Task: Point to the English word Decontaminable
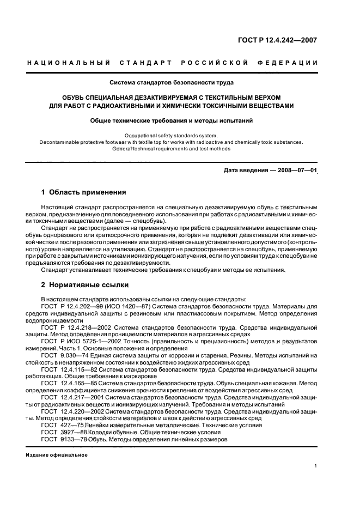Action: tap(62, 142)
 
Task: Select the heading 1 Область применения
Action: tap(84, 192)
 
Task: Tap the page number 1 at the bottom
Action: tap(316, 466)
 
